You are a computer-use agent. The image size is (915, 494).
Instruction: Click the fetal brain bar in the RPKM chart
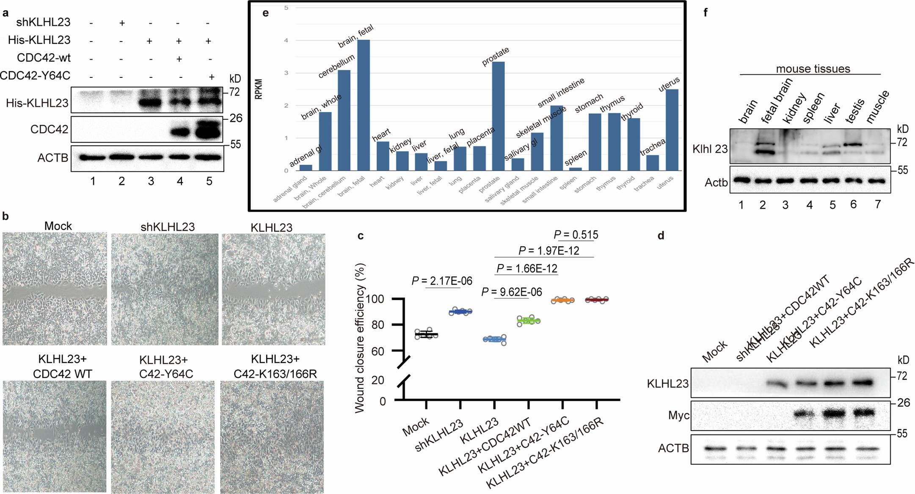364,106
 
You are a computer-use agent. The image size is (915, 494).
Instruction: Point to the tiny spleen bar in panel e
575,169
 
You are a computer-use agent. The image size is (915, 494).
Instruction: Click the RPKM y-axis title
259,89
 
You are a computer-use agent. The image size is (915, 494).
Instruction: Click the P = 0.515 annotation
576,235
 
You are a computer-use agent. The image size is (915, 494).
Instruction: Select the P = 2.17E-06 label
442,281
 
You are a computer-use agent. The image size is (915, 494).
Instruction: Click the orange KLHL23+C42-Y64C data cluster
562,300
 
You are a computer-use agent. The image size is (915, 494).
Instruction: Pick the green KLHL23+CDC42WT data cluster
528,320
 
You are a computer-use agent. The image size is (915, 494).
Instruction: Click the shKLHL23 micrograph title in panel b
168,227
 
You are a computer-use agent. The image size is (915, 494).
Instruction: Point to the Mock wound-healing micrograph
55,288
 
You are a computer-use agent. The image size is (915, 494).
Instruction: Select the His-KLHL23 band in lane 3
150,102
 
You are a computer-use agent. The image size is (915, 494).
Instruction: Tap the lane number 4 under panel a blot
180,181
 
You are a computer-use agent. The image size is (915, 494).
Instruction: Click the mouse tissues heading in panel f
813,69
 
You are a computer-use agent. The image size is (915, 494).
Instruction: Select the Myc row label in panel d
678,416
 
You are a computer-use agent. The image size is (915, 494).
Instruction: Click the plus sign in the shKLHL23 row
121,23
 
